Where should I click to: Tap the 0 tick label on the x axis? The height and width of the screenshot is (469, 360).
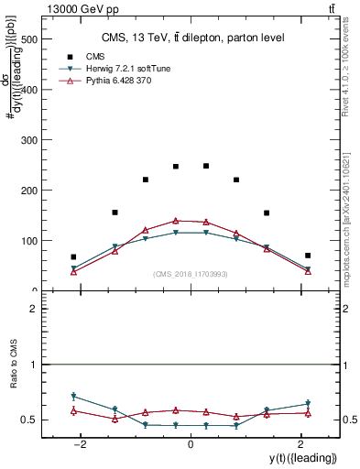point(190,444)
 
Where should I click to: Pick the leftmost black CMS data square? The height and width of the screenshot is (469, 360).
point(73,257)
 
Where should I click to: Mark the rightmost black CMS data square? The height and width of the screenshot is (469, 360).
point(308,256)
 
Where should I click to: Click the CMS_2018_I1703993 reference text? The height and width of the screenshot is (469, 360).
point(190,274)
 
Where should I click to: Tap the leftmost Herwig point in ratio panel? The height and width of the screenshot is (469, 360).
point(73,396)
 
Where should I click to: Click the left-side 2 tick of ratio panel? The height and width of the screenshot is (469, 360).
point(31,309)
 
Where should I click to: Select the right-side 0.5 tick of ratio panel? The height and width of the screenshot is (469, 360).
point(349,420)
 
